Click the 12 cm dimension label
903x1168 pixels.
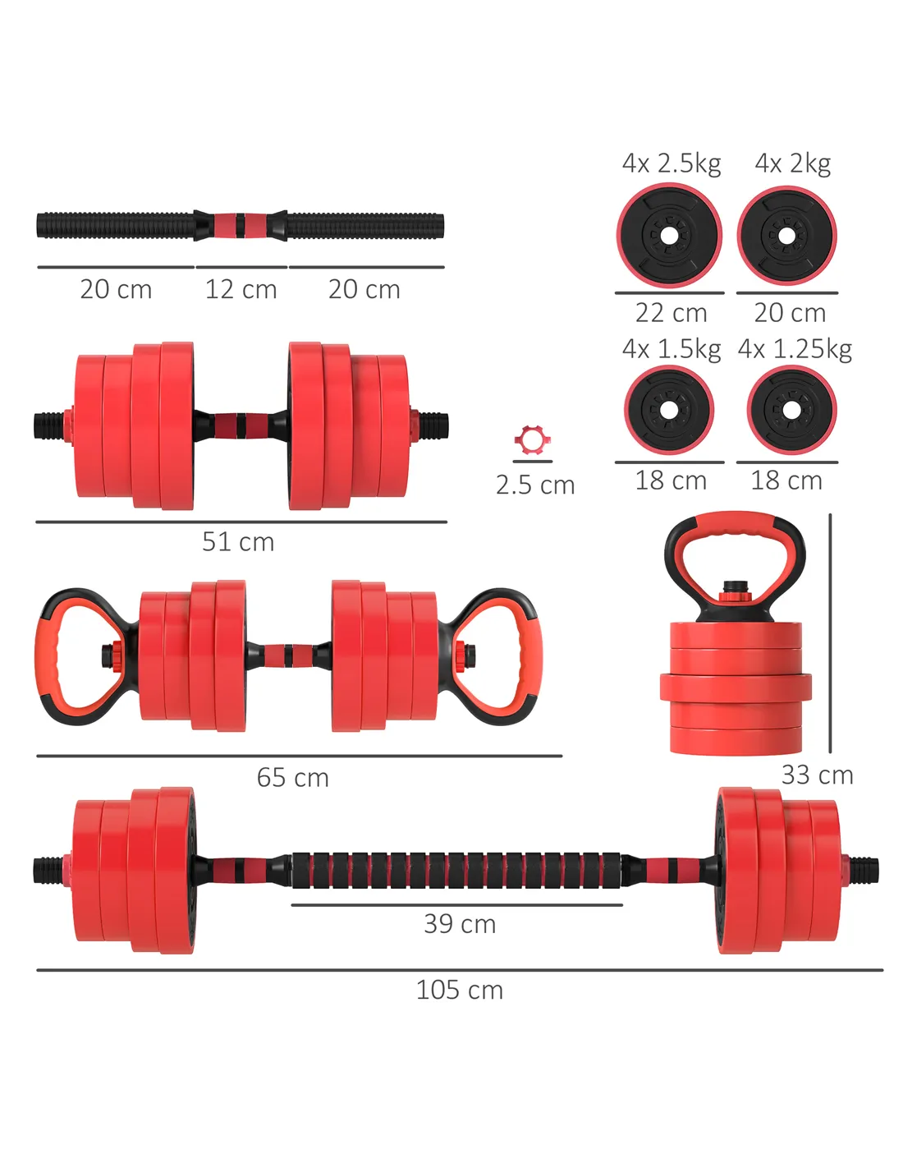pyautogui.click(x=241, y=289)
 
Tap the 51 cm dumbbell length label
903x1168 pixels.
pyautogui.click(x=238, y=541)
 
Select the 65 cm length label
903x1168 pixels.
pyautogui.click(x=293, y=777)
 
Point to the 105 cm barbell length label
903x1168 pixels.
pyautogui.click(x=459, y=990)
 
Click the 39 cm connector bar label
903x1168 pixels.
pyautogui.click(x=459, y=923)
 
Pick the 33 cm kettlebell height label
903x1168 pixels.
pyautogui.click(x=817, y=775)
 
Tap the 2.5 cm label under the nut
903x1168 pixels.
pyautogui.click(x=535, y=485)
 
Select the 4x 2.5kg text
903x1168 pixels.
pyautogui.click(x=672, y=163)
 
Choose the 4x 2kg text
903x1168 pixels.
pyautogui.click(x=793, y=163)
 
